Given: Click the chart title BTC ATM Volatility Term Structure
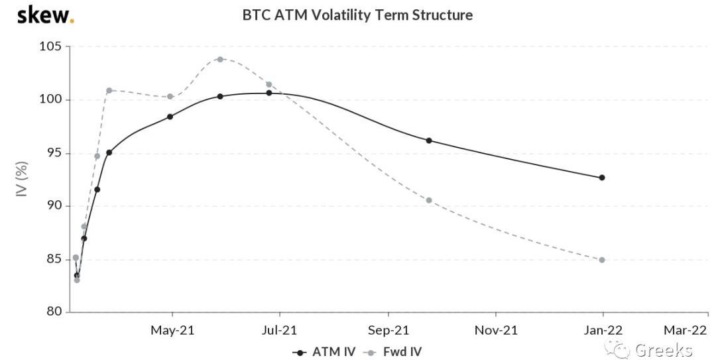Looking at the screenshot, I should coord(357,15).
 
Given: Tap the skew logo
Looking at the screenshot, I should coord(45,15).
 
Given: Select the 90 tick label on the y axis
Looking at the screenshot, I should coord(53,206).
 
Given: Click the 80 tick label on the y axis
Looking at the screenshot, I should coord(53,312).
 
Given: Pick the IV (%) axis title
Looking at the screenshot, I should coord(22,179).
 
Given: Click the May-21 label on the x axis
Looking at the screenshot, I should coord(172,330).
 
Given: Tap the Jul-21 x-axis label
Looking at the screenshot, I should coord(280,330).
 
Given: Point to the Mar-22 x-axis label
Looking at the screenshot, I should coord(686,330).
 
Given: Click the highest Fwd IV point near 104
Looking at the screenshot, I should coord(220,59).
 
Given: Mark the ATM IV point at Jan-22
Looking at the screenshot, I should coord(602,178).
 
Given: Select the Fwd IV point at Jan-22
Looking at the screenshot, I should coord(602,260).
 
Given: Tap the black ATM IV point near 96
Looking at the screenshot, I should coord(429,141).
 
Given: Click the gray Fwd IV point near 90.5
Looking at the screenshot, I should coord(429,200).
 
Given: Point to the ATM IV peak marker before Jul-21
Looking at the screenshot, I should coord(269,93).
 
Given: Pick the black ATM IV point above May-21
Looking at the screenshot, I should coord(170,117).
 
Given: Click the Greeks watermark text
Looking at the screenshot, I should coord(663,350).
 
